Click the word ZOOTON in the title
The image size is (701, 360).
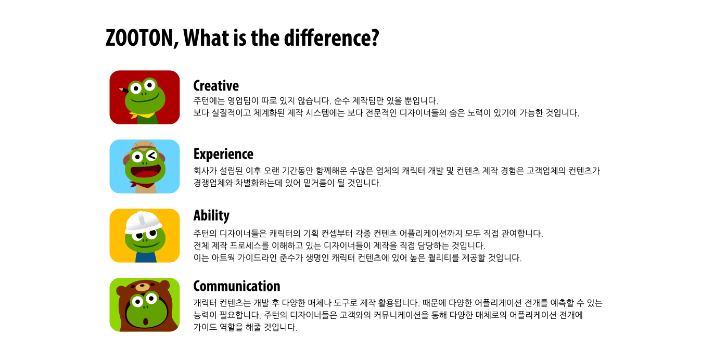[142, 38]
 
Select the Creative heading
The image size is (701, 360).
[216, 86]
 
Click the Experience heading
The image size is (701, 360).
[223, 154]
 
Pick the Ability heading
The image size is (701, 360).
[212, 215]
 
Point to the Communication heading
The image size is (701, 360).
[237, 286]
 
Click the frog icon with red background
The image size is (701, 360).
[145, 97]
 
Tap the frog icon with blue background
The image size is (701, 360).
[145, 166]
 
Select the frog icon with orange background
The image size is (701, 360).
[145, 236]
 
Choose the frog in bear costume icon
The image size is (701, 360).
[145, 305]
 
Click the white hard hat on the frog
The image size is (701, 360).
[143, 222]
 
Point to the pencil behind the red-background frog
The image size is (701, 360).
[124, 90]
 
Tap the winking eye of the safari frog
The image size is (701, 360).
[151, 155]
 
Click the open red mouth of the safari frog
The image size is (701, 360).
[146, 172]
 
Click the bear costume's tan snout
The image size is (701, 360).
[143, 287]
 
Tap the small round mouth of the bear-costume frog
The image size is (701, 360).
[145, 321]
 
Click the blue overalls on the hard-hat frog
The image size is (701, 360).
[146, 257]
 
